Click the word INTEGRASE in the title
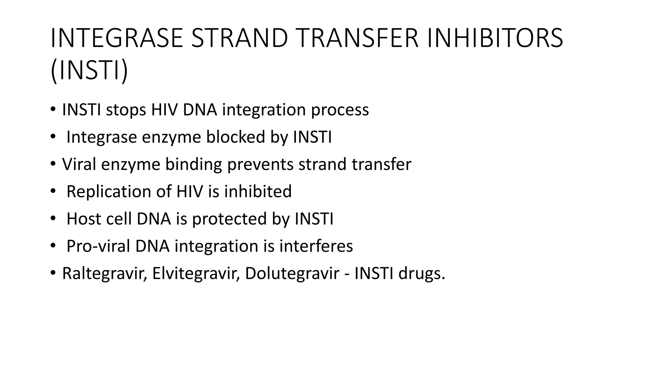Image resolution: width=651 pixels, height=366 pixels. click(117, 38)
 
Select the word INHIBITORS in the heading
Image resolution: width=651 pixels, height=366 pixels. click(495, 38)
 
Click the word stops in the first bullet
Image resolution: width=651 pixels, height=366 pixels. click(126, 110)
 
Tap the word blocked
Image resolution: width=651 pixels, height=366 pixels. click(236, 137)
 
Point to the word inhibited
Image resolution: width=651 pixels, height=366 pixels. click(258, 192)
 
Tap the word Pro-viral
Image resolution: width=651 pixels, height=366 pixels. click(99, 246)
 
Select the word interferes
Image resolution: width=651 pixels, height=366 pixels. click(316, 246)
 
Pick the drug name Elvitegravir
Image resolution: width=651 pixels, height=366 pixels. click(195, 274)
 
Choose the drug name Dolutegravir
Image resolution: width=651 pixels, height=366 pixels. click(292, 274)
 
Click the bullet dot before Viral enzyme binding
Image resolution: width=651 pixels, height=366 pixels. click(53, 164)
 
